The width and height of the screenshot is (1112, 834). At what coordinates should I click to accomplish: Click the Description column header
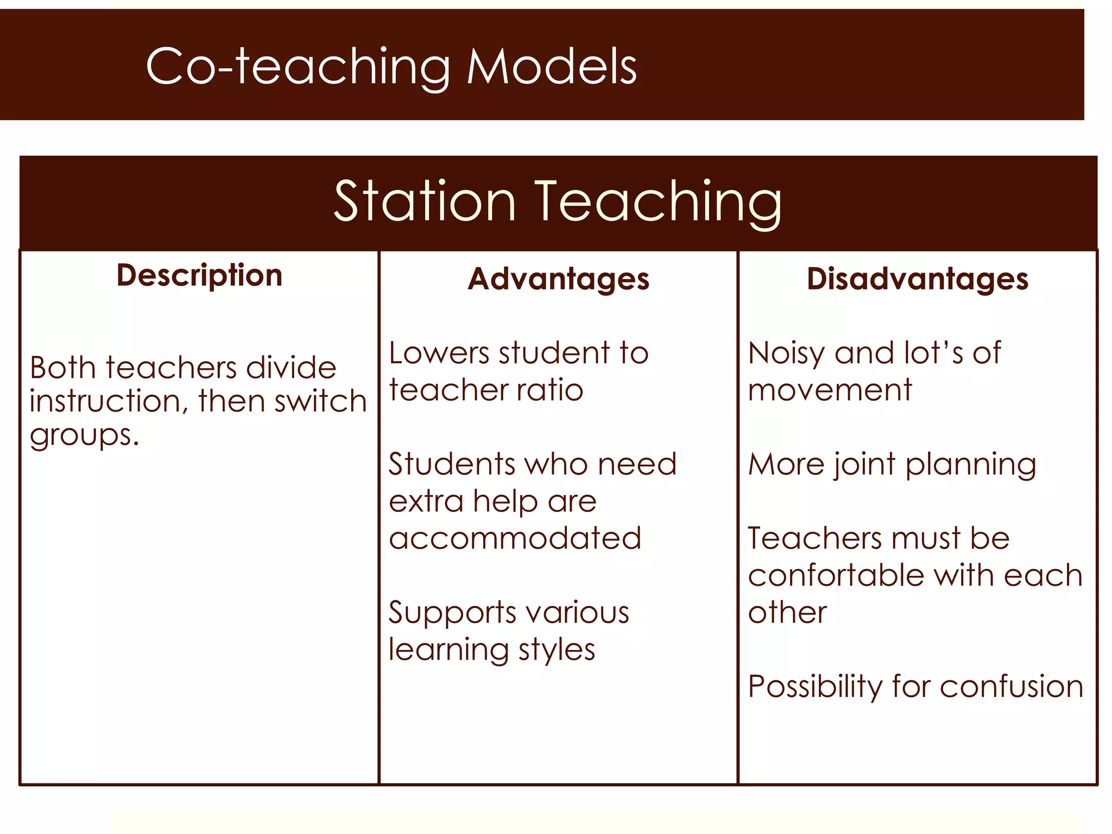tap(199, 275)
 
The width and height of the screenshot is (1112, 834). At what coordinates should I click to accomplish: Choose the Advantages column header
tap(558, 279)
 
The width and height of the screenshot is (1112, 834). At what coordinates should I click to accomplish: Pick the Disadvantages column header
tap(917, 279)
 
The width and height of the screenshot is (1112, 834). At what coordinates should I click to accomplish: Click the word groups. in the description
tap(84, 434)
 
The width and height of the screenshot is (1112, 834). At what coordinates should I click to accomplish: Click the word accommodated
tap(515, 538)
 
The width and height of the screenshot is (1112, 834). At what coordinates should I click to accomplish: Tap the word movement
tap(830, 390)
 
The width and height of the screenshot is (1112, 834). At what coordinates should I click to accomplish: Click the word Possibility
tap(814, 687)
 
